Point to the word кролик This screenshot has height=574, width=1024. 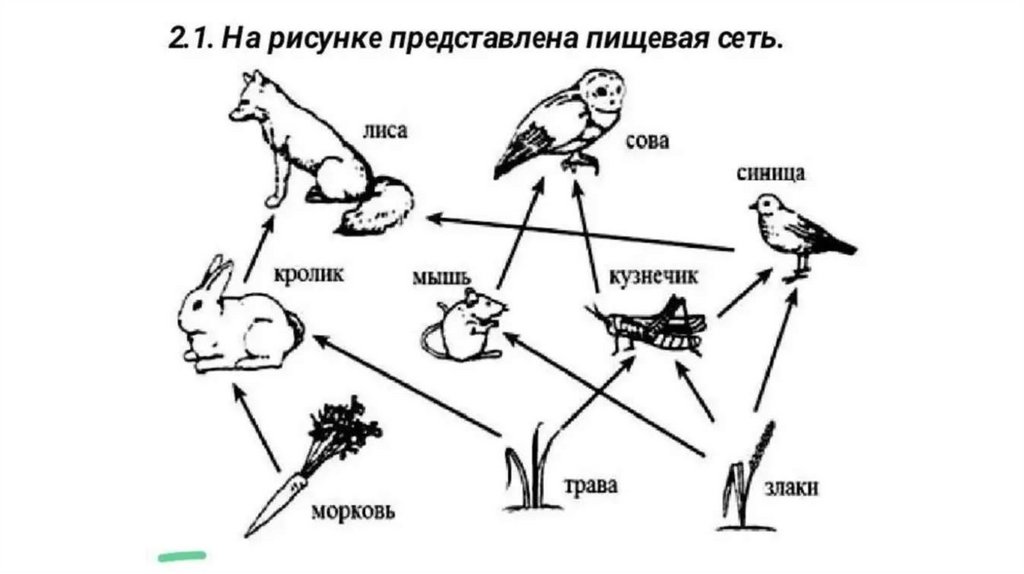pos(308,272)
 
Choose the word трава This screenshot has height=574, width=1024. pos(591,487)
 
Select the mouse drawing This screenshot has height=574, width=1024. pos(463,325)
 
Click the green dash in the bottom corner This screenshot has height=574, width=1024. pos(181,552)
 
